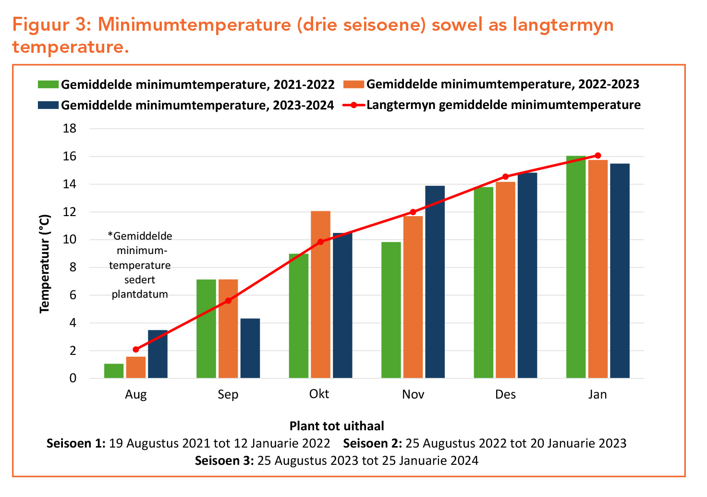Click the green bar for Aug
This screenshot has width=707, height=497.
pos(114,371)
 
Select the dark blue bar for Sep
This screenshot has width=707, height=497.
pos(250,348)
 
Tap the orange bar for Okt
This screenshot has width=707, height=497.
pos(320,294)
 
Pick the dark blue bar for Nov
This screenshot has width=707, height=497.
pos(435,282)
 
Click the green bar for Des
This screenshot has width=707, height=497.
pos(483,282)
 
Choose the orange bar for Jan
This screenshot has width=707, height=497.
pos(598,269)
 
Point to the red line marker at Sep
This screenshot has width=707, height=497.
pos(228,301)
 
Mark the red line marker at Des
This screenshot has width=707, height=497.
pos(505,177)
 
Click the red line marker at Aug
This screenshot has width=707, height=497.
pos(136,350)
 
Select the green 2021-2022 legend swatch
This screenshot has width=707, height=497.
pos(48,85)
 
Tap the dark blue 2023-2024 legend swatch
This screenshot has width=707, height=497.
pos(48,105)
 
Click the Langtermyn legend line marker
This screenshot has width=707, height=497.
pos(354,105)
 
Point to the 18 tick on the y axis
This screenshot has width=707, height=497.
pos(70,129)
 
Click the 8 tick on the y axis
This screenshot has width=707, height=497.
pos(73,267)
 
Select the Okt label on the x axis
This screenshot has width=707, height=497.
pos(319,394)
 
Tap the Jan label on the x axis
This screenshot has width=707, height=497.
pos(597,394)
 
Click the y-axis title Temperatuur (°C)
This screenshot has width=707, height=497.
pos(45,264)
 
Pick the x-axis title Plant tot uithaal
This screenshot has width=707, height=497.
pos(337,426)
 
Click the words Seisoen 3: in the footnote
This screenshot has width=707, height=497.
pos(224,461)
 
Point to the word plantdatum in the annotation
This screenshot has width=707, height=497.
pos(140,294)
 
